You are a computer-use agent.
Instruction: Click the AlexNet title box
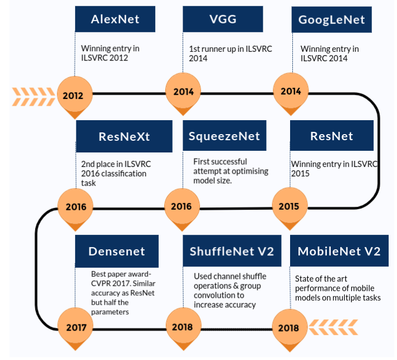click(115, 19)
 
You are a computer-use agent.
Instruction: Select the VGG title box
click(223, 19)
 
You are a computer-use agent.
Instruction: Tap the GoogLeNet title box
click(332, 19)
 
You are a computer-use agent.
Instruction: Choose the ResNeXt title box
click(124, 136)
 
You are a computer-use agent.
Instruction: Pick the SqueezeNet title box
click(224, 136)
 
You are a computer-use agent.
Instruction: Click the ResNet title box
click(332, 136)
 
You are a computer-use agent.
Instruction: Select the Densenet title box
click(117, 251)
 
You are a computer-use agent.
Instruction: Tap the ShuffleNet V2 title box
click(232, 251)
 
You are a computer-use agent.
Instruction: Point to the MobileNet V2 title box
click(339, 251)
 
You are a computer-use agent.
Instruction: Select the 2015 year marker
click(290, 206)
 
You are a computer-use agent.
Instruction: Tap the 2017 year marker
click(75, 327)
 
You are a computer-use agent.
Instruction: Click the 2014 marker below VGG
click(183, 92)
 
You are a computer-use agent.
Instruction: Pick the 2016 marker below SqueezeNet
click(182, 206)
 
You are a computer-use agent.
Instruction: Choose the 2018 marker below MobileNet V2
click(290, 328)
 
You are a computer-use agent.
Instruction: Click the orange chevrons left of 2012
click(33, 97)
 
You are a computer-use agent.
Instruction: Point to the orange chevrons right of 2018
click(333, 327)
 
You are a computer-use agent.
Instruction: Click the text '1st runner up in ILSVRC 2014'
click(231, 53)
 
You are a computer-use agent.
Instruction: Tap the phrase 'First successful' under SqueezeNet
click(220, 161)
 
